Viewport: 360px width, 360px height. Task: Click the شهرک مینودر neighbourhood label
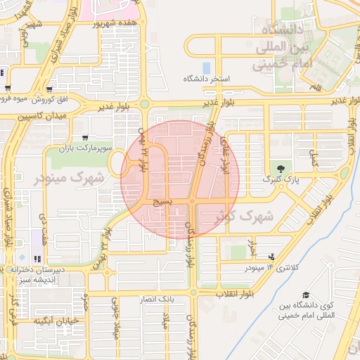pyautogui.click(x=69, y=178)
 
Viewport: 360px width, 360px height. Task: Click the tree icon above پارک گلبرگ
pyautogui.click(x=281, y=169)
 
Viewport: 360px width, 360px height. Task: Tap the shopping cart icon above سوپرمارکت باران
pyautogui.click(x=85, y=138)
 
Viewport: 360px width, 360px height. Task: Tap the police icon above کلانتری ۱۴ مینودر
pyautogui.click(x=272, y=257)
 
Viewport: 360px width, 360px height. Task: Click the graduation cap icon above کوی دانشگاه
pyautogui.click(x=305, y=295)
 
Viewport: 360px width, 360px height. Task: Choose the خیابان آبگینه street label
pyautogui.click(x=46, y=321)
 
